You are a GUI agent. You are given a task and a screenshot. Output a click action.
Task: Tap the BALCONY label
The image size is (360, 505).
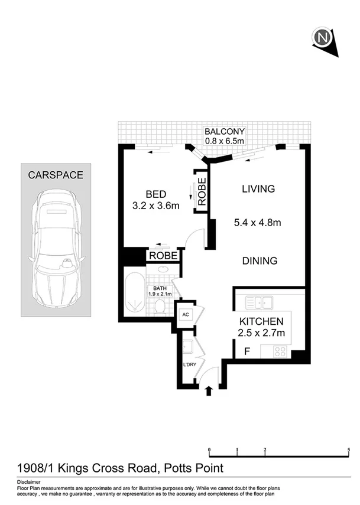pyautogui.click(x=224, y=131)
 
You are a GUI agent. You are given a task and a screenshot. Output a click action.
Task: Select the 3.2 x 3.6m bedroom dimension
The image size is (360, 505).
pyautogui.click(x=155, y=206)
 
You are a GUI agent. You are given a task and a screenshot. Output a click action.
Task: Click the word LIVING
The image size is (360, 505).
pyautogui.click(x=258, y=189)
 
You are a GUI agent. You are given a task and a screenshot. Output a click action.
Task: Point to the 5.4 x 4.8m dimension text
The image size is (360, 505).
pyautogui.click(x=257, y=223)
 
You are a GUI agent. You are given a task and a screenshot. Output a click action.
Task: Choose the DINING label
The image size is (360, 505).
pyautogui.click(x=259, y=260)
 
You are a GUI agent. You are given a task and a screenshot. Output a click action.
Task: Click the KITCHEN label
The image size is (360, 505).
pyautogui.click(x=261, y=321)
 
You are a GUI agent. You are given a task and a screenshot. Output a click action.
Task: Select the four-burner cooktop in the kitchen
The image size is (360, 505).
pyautogui.click(x=280, y=351)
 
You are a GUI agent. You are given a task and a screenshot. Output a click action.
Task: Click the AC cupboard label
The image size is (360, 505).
pyautogui.click(x=185, y=314)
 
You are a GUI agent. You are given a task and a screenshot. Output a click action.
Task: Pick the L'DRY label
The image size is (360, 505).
pyautogui.click(x=189, y=364)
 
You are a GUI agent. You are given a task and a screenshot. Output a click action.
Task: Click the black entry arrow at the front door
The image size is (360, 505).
pyautogui.click(x=208, y=390)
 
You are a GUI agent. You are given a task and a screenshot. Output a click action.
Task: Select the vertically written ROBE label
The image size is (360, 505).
pyautogui.click(x=202, y=191)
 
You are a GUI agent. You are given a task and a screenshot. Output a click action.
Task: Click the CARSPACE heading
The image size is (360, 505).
pyautogui.click(x=56, y=175)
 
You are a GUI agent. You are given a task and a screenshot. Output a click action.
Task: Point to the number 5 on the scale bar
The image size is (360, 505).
pyautogui.click(x=349, y=450)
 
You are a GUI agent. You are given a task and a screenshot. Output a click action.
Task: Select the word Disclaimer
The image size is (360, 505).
pyautogui.click(x=29, y=482)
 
